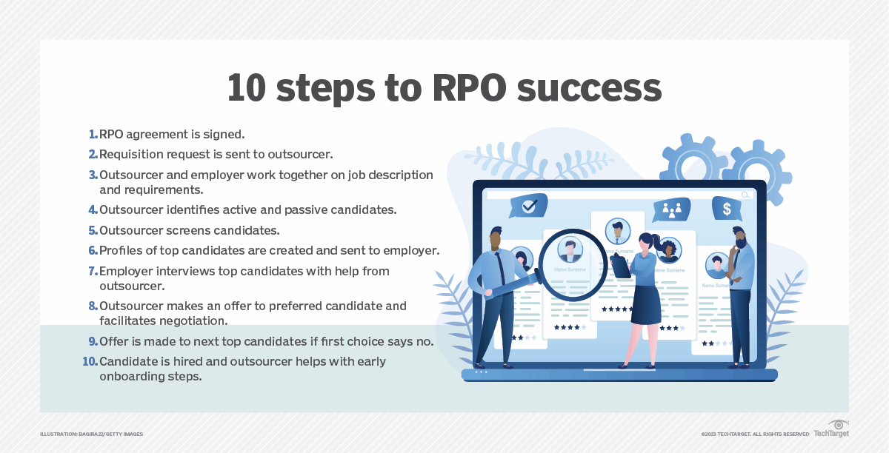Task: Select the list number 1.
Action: click(93, 135)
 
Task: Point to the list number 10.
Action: click(90, 362)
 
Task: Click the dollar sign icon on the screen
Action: click(727, 209)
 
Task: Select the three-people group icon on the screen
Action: click(672, 209)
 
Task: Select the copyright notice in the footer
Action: click(755, 433)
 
